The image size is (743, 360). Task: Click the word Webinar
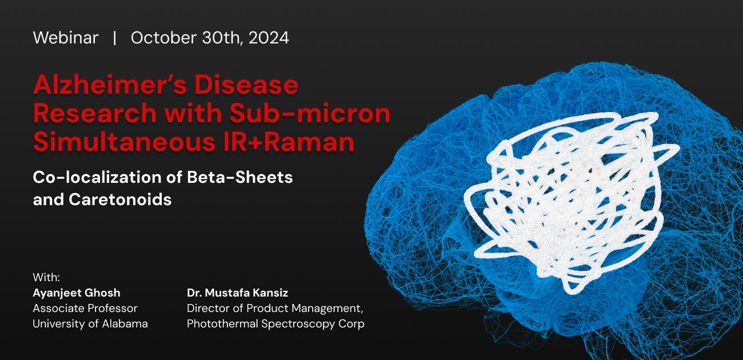tap(66, 38)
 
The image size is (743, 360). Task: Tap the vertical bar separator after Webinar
tap(115, 38)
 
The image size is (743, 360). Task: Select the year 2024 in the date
tap(269, 38)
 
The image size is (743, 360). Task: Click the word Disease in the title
tap(246, 85)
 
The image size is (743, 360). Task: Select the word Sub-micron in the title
tap(310, 113)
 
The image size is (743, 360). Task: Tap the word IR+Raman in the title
tap(289, 142)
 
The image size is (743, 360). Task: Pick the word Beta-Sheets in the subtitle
tap(240, 177)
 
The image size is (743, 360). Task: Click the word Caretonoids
tap(120, 199)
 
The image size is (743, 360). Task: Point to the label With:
tap(46, 277)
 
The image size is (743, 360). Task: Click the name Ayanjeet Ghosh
tap(77, 293)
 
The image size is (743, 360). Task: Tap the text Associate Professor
tap(85, 309)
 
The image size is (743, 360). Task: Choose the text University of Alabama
tap(90, 323)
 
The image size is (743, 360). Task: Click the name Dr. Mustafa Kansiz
tap(238, 293)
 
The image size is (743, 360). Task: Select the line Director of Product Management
tap(275, 309)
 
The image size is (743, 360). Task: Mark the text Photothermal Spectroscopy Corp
tap(275, 323)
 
